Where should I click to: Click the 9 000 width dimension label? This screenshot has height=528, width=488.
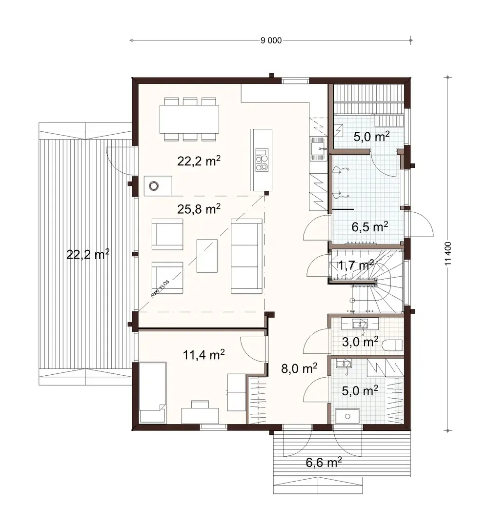click(x=271, y=41)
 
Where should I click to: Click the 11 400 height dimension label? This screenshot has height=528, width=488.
click(x=448, y=254)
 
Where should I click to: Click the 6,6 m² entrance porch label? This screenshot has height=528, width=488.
click(x=323, y=462)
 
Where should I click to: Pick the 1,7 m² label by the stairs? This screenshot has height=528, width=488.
click(x=355, y=265)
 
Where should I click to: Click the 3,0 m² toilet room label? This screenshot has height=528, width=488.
click(x=360, y=341)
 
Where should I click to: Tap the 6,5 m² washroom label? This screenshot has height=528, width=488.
click(x=369, y=226)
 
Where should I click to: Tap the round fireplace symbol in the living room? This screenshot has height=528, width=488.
click(x=155, y=185)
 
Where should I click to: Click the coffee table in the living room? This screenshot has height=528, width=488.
click(x=207, y=256)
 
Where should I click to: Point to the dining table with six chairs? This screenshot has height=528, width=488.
click(x=189, y=119)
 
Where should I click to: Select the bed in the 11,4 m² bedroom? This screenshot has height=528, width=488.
click(x=152, y=392)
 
